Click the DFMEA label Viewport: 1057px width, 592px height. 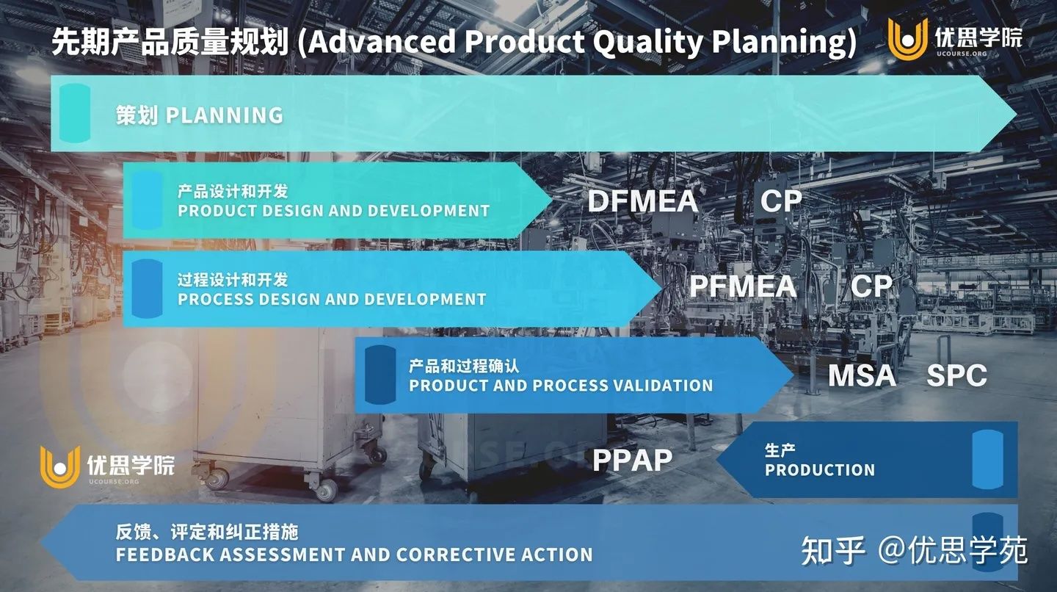(643, 201)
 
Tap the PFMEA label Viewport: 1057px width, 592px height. (743, 286)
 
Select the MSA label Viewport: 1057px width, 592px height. (862, 375)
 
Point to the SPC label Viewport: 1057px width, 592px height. (956, 375)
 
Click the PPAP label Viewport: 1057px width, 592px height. (632, 460)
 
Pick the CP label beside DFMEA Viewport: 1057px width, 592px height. (781, 201)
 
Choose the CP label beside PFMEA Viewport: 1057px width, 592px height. (871, 286)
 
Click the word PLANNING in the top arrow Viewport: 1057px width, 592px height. (224, 115)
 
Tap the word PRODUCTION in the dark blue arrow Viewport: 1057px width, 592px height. (820, 470)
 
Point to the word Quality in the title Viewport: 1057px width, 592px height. (648, 43)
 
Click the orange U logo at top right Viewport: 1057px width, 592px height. (907, 39)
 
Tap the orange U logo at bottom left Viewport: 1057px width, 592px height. (60, 467)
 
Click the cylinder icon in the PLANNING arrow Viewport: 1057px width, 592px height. (75, 113)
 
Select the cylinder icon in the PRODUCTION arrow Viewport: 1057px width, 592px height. (988, 459)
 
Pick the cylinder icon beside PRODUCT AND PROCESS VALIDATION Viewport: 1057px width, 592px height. (380, 375)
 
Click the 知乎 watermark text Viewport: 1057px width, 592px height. (833, 550)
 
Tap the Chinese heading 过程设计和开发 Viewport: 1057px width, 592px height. (233, 280)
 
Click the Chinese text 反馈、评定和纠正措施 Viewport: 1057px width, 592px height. (207, 532)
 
